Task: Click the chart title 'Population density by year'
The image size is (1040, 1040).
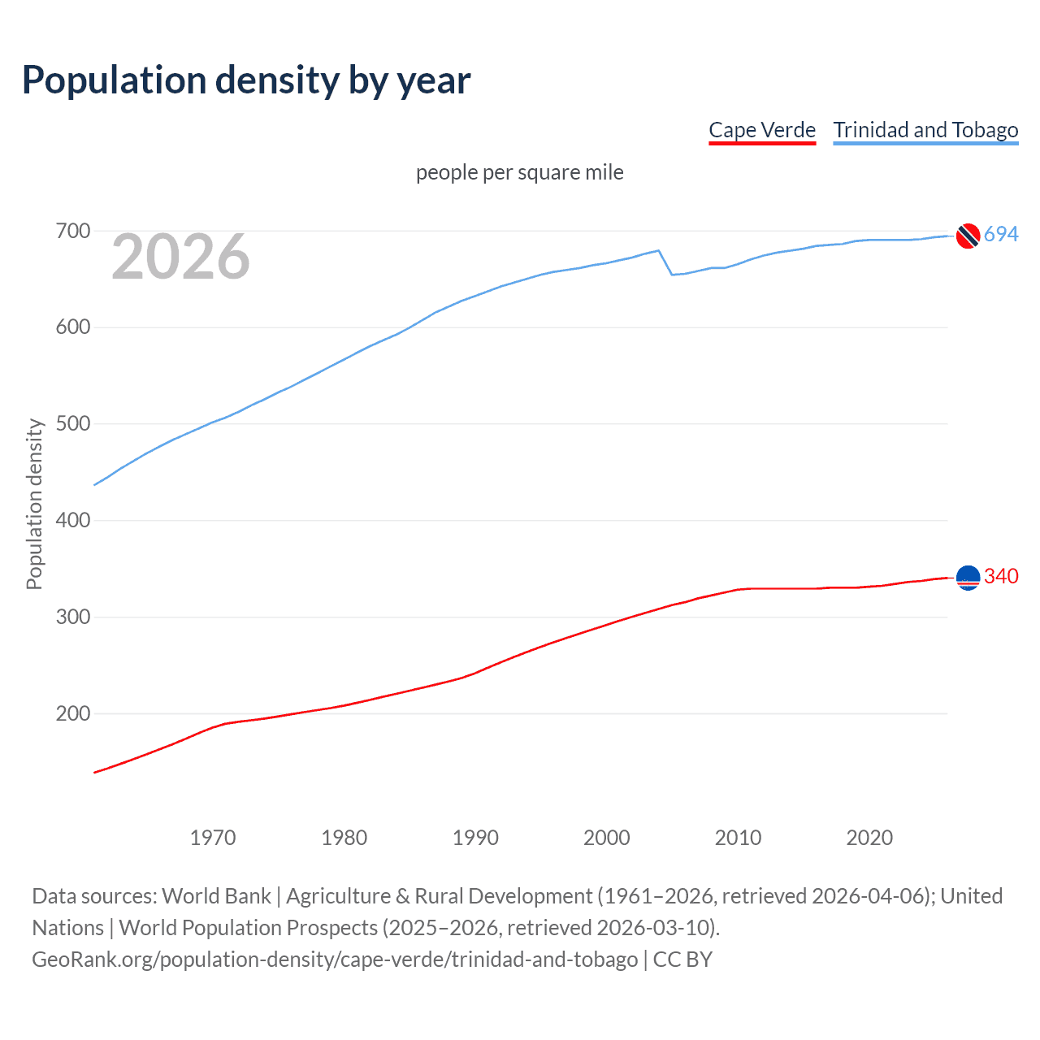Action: click(246, 80)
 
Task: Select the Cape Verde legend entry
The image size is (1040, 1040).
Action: click(761, 130)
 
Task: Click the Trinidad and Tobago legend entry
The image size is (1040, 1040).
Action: click(925, 130)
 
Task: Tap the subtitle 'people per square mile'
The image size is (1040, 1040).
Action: click(519, 172)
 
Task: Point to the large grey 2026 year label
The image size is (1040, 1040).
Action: click(180, 258)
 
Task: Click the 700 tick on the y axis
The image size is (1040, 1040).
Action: click(73, 232)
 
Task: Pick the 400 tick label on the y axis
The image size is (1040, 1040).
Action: click(73, 521)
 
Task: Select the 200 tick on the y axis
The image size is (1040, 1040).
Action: click(73, 714)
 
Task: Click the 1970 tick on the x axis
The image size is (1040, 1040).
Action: click(213, 838)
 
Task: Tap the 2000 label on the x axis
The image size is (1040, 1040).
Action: click(607, 838)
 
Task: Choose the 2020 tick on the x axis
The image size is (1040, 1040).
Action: click(869, 838)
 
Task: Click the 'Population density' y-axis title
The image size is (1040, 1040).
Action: click(34, 504)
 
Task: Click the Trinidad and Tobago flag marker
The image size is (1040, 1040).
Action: click(968, 235)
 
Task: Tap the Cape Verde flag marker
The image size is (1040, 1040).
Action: click(968, 577)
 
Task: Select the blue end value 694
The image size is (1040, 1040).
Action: click(1001, 235)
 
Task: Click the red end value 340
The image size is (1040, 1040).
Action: click(1001, 577)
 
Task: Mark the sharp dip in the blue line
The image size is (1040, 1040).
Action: click(672, 274)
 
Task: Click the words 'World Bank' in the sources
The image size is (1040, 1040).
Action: click(216, 896)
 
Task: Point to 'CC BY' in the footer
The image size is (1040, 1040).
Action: click(682, 960)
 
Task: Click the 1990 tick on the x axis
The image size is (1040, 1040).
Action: click(475, 838)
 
